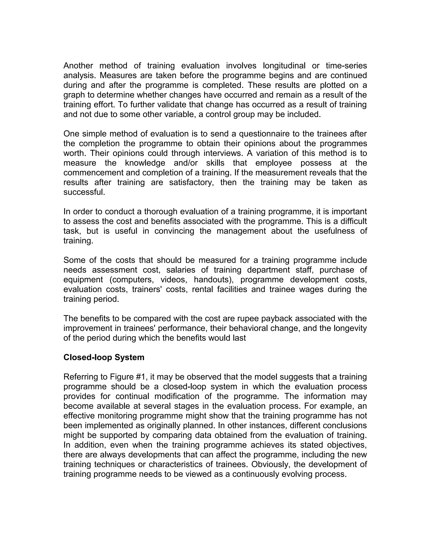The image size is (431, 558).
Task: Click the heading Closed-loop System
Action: (104, 357)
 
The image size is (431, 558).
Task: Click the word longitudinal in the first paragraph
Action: (284, 66)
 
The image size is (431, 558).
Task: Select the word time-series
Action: (346, 66)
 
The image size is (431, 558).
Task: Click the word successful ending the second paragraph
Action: (84, 192)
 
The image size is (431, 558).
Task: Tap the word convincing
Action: (174, 231)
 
